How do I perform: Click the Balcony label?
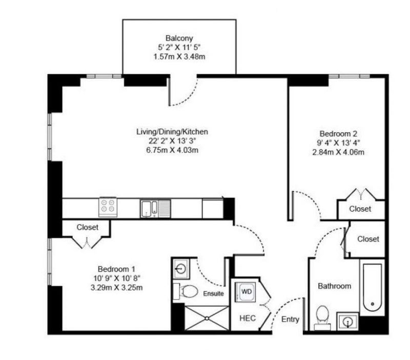click(179, 38)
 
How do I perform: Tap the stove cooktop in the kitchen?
click(108, 207)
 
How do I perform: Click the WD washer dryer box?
click(245, 292)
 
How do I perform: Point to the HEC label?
click(248, 318)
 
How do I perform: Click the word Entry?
click(290, 319)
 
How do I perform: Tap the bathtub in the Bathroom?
click(373, 287)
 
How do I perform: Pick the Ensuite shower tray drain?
click(207, 318)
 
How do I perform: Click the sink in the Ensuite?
click(181, 269)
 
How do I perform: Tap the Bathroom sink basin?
click(347, 321)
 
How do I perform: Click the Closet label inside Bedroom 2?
click(360, 209)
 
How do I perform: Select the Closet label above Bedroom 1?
click(87, 227)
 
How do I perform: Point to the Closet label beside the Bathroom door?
click(368, 239)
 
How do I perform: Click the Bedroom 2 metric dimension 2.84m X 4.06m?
click(338, 152)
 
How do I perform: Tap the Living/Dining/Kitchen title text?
click(172, 132)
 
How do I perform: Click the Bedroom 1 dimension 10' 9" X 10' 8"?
click(117, 278)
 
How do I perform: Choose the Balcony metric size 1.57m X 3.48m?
click(179, 56)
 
